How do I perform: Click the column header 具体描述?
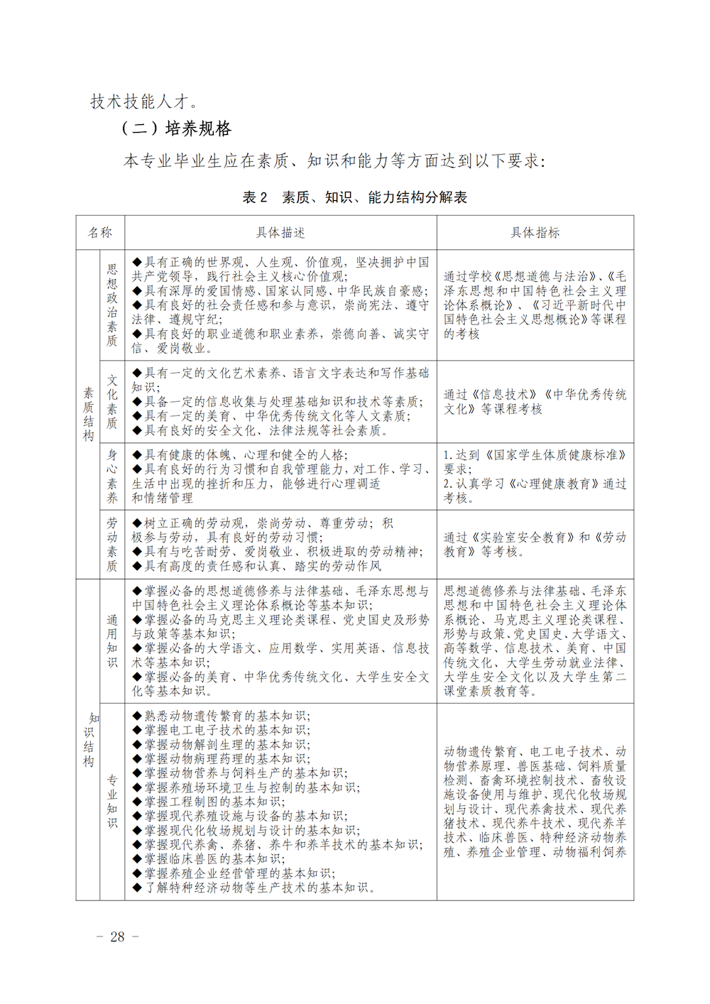(x=280, y=233)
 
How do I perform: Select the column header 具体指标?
(x=535, y=233)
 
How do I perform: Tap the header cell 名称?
(x=100, y=233)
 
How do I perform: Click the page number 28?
(x=117, y=937)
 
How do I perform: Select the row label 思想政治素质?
(x=112, y=305)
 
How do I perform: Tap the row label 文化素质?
(x=112, y=402)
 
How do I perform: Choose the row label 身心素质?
(x=112, y=476)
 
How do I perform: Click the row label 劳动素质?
(x=112, y=544)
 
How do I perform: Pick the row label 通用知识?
(x=112, y=640)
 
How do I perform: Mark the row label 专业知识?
(x=112, y=802)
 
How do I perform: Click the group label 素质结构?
(x=88, y=414)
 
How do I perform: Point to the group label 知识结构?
(x=88, y=740)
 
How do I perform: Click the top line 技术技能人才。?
(x=144, y=102)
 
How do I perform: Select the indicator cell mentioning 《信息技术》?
(x=535, y=402)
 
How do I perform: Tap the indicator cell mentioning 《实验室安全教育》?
(x=535, y=544)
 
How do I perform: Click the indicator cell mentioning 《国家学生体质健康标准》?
(x=535, y=476)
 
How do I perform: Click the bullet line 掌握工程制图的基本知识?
(x=214, y=802)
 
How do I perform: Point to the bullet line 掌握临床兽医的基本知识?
(x=214, y=859)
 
